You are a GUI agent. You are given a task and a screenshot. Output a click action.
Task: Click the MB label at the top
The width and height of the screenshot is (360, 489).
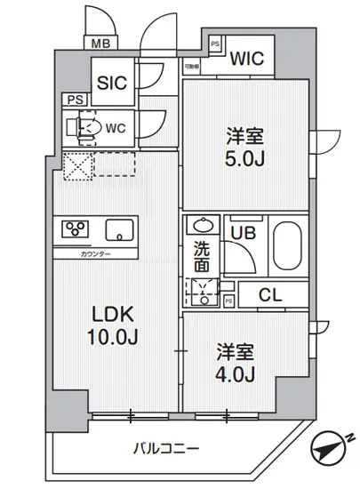click(x=100, y=42)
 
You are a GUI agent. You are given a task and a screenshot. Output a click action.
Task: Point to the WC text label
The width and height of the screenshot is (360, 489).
click(x=115, y=127)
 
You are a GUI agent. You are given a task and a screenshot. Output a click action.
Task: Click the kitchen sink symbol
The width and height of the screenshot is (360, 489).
click(x=118, y=231)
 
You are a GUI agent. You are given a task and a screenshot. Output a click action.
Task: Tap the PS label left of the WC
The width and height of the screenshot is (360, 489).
click(x=70, y=100)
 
